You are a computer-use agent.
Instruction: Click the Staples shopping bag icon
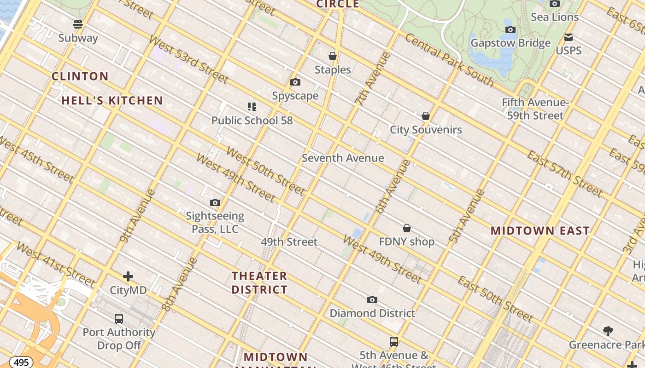pos(333,56)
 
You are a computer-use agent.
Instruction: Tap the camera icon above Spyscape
pos(295,82)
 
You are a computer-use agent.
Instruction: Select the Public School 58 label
pos(252,121)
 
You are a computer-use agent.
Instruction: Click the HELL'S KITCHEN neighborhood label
pos(112,101)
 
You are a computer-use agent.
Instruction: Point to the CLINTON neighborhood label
pos(80,76)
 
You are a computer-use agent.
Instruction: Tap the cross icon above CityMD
pos(128,276)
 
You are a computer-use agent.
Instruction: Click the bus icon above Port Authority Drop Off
pos(119,318)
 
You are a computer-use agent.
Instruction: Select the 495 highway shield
pos(21,362)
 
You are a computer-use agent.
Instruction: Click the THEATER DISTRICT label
pos(259,283)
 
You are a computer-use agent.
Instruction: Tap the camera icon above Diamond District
pos(372,300)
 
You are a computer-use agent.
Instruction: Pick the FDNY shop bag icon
pos(407,228)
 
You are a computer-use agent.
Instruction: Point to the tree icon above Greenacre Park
pos(608,331)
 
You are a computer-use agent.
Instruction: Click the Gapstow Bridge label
pos(510,43)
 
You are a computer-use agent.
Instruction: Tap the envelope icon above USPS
pos(569,37)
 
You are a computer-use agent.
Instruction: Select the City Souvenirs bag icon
pos(426,116)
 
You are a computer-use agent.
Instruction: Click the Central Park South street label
pos(449,60)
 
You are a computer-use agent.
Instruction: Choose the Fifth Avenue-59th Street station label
pos(535,109)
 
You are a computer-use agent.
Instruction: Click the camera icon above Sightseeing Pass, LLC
pos(215,202)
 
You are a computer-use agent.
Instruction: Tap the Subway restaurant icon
pos(78,24)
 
